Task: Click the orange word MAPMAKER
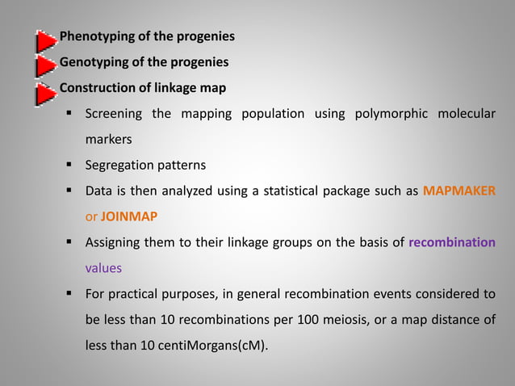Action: tap(459, 191)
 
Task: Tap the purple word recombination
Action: tap(452, 242)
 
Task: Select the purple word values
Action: tap(103, 268)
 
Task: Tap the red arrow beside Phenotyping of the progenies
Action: tap(46, 39)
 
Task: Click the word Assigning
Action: tap(114, 242)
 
